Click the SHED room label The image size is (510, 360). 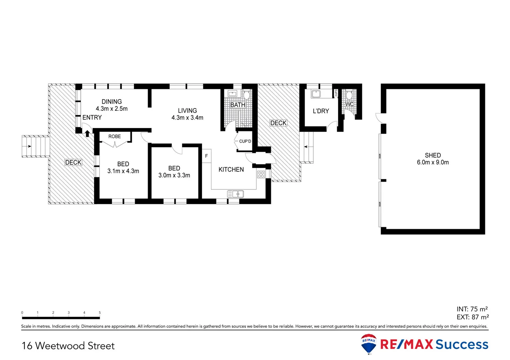tap(433, 155)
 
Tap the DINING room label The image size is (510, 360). tap(112, 102)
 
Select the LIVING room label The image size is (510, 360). tap(187, 111)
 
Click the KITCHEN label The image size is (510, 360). tap(231, 170)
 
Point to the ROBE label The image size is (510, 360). tap(114, 136)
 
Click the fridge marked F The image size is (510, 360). tap(206, 156)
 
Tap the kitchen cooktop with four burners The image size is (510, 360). tap(261, 174)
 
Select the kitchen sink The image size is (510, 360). tap(235, 194)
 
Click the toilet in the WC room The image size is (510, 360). tap(349, 96)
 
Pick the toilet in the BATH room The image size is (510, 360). tap(246, 95)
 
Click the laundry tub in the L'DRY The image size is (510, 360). tap(316, 94)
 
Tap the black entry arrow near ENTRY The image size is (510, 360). tap(87, 134)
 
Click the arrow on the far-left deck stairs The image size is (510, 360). tap(29, 146)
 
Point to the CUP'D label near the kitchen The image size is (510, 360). tap(245, 141)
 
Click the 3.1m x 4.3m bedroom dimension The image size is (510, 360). tap(123, 171)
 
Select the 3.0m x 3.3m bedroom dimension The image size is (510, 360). tap(174, 176)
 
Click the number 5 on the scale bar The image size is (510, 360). tap(100, 313)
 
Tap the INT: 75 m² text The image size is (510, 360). tap(472, 309)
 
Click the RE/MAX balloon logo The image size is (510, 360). tap(369, 343)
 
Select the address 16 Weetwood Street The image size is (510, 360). tap(68, 346)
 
